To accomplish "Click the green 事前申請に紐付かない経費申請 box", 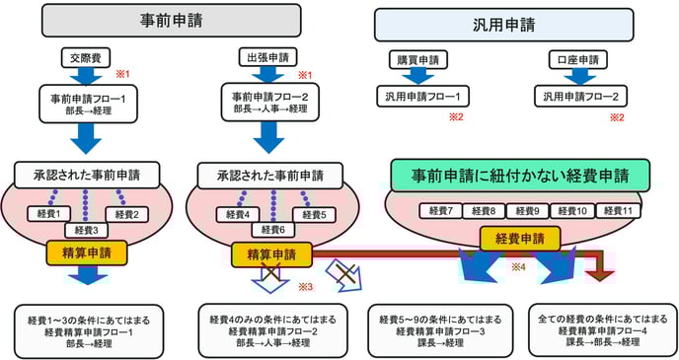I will click(518, 175).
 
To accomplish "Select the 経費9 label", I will click(528, 211).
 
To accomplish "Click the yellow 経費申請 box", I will click(520, 238).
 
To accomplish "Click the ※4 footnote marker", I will click(516, 266).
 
